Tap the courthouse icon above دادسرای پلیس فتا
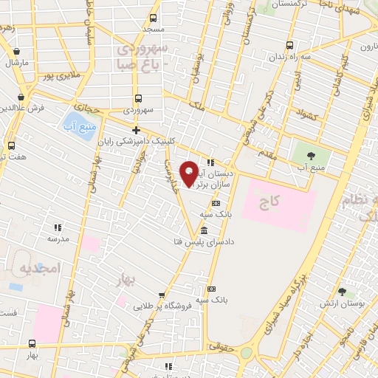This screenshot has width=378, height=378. pos(204,231)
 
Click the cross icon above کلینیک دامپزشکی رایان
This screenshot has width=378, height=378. pos(136,131)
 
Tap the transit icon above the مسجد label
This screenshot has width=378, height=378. pos(153,18)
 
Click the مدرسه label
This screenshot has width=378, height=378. pos(58,238)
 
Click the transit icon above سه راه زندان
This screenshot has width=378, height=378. pos(289,44)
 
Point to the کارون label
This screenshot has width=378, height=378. pos(368,47)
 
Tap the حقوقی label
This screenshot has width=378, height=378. pos(221,346)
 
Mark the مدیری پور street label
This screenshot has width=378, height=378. pos(58,75)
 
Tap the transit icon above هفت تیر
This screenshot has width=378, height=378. pos(11,145)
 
